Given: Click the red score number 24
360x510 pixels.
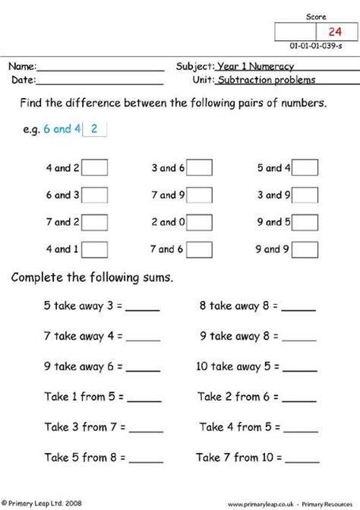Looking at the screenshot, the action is click(x=334, y=31).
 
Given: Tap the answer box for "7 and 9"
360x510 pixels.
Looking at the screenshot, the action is click(x=199, y=195).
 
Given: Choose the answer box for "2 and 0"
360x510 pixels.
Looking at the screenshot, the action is click(x=199, y=222).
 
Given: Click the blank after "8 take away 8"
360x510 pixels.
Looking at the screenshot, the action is click(x=299, y=309).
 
